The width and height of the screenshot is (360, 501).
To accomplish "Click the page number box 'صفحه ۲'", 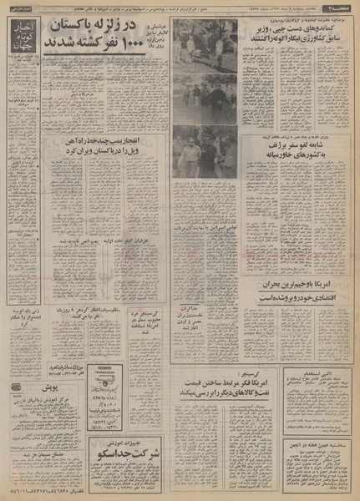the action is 339,8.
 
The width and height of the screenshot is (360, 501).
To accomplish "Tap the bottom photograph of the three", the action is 205,152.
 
